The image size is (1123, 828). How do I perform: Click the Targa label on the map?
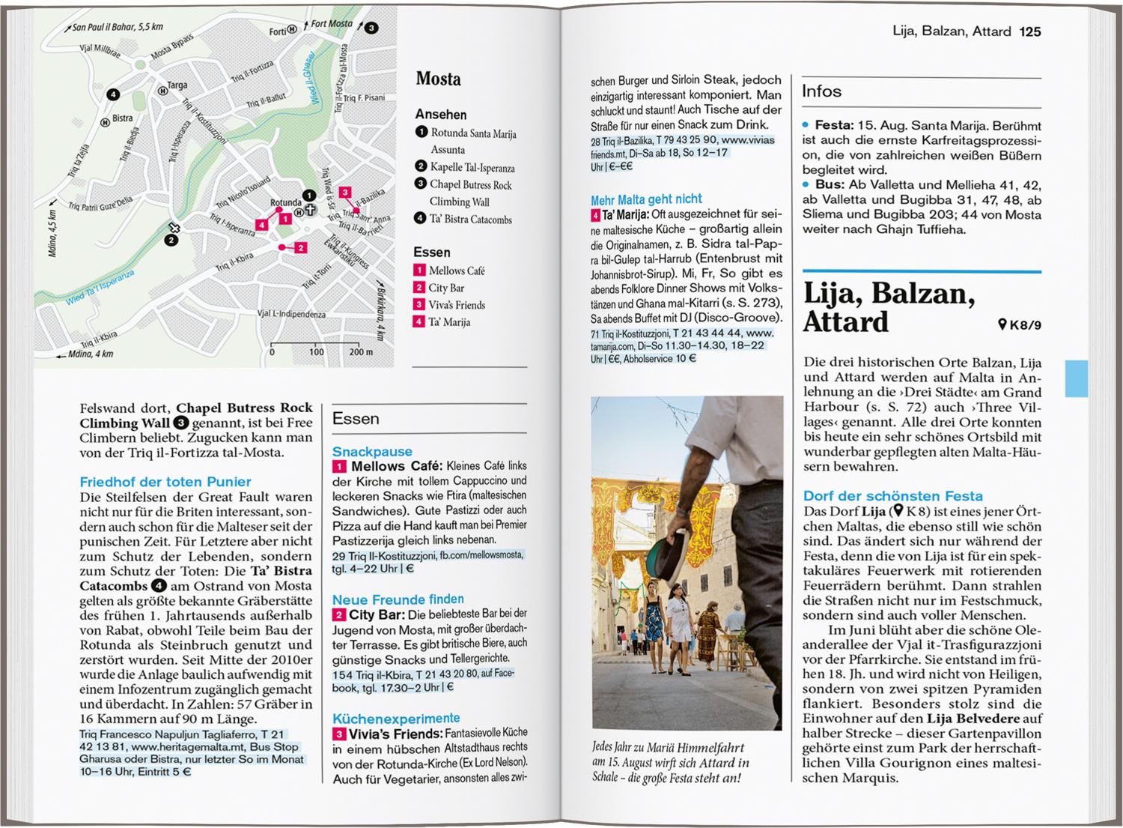coord(177,85)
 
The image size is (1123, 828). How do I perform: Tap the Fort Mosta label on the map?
coord(331,24)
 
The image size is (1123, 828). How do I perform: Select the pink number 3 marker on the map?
coord(344,193)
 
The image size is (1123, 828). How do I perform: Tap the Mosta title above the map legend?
coord(438,79)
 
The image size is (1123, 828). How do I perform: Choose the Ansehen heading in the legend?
coord(441,114)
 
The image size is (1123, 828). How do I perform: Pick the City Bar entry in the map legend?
coord(446,288)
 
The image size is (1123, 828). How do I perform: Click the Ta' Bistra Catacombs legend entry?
coord(471,219)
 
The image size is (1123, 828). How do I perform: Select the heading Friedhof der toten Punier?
coord(165,482)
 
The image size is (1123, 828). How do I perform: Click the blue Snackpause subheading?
coord(372,451)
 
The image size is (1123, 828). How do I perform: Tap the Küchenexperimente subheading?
coord(396,718)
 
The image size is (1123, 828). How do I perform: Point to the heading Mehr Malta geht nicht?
coord(646,199)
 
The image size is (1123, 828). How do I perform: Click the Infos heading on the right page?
coord(821,91)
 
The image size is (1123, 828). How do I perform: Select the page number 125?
coord(1030,31)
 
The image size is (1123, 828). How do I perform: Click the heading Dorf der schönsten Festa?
coord(892,495)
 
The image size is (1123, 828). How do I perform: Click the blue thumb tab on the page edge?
coord(1076,378)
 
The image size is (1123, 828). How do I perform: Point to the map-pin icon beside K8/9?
coord(1002,324)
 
